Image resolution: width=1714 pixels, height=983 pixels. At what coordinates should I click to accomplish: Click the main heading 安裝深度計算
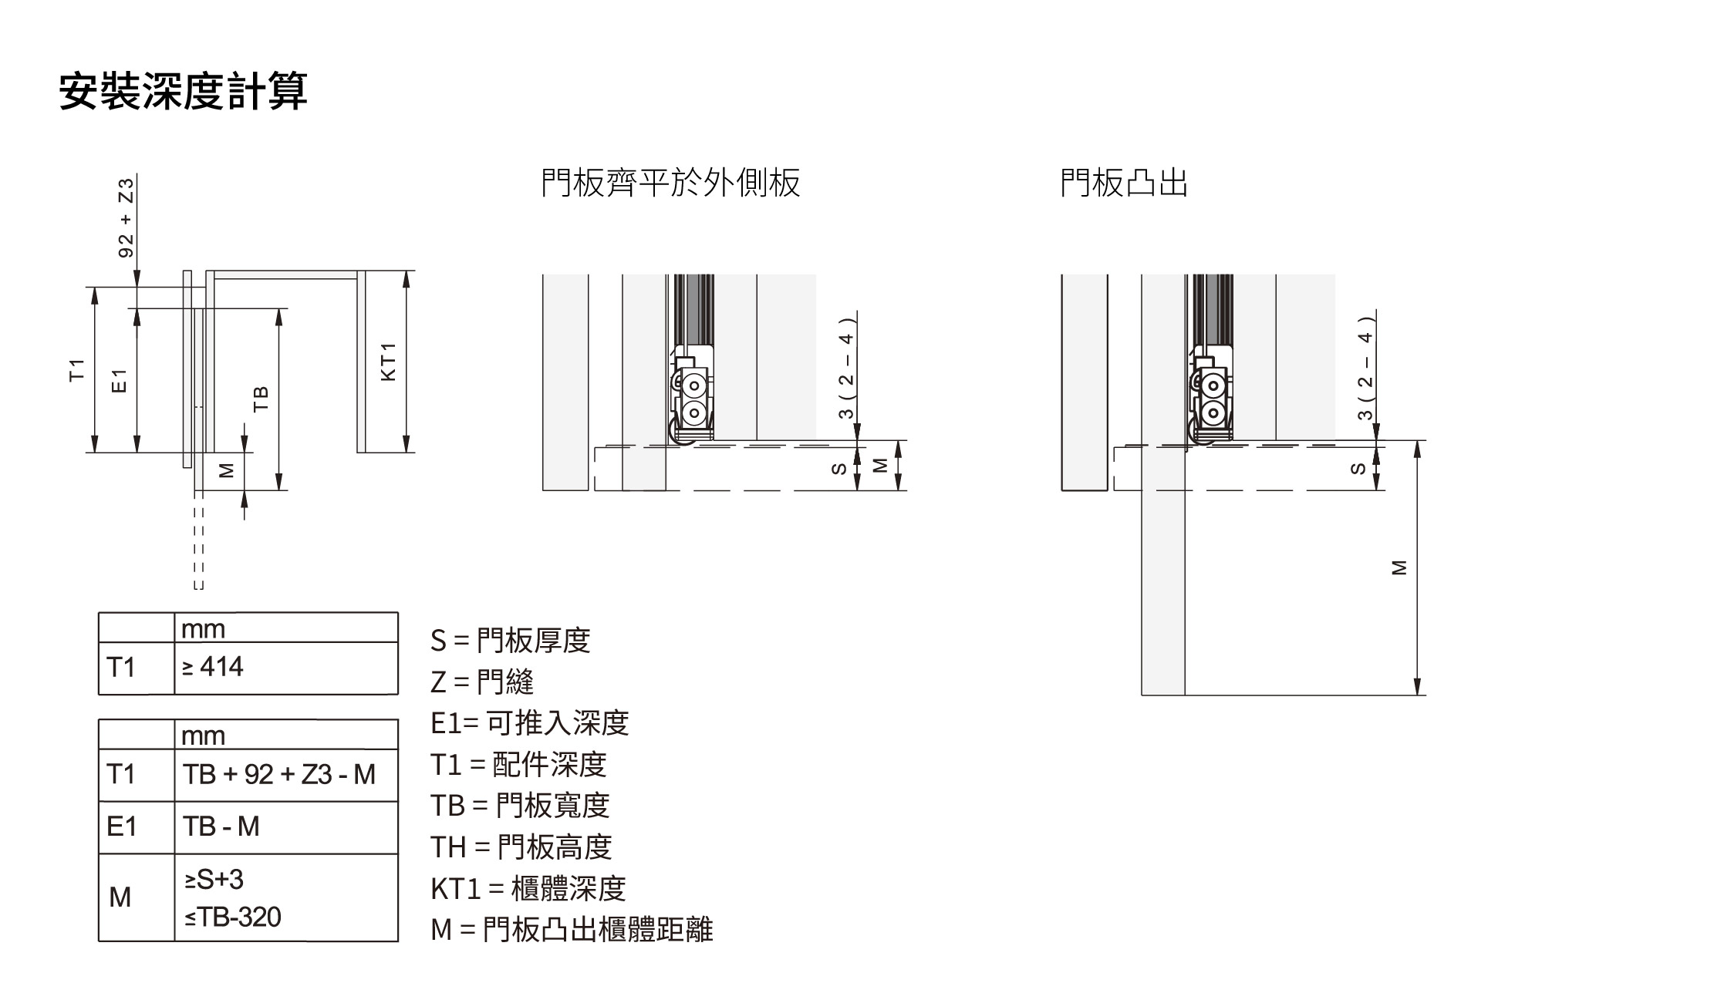[x=184, y=92]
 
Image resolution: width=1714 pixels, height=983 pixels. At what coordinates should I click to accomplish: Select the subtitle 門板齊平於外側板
[x=670, y=183]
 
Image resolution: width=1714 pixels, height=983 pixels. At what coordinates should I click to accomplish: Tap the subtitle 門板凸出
[x=1123, y=183]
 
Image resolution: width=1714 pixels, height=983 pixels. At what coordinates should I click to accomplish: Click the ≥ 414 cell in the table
[x=213, y=667]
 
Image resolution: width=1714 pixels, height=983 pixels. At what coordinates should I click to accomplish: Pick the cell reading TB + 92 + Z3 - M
[x=279, y=774]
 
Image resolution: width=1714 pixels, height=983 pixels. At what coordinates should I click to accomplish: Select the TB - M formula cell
[x=221, y=826]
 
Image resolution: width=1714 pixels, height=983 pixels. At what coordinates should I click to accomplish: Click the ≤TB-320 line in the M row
[x=233, y=917]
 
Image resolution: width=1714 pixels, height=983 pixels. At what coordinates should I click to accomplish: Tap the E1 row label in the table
[x=121, y=826]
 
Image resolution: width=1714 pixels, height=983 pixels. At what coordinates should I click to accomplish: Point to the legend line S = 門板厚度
[x=511, y=641]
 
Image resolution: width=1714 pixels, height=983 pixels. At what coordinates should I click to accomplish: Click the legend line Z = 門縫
[x=482, y=682]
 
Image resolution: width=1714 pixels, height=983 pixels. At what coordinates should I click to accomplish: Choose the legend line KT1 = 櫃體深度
[x=528, y=889]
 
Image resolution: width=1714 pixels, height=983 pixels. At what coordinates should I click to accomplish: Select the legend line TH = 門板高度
[x=521, y=847]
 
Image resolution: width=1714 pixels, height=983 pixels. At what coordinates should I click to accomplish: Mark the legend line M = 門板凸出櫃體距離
[x=572, y=930]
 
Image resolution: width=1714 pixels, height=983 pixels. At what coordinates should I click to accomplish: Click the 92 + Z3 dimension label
[x=126, y=217]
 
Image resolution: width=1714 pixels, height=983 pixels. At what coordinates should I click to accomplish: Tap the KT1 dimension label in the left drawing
[x=388, y=362]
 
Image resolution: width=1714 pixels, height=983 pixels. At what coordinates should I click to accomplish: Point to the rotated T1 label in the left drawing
[x=76, y=369]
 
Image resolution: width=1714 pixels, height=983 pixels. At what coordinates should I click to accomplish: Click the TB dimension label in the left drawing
[x=261, y=398]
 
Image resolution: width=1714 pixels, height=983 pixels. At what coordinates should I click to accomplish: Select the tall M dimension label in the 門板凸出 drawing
[x=1399, y=567]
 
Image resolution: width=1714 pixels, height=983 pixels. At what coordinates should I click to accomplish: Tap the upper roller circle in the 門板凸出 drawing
[x=1213, y=385]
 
